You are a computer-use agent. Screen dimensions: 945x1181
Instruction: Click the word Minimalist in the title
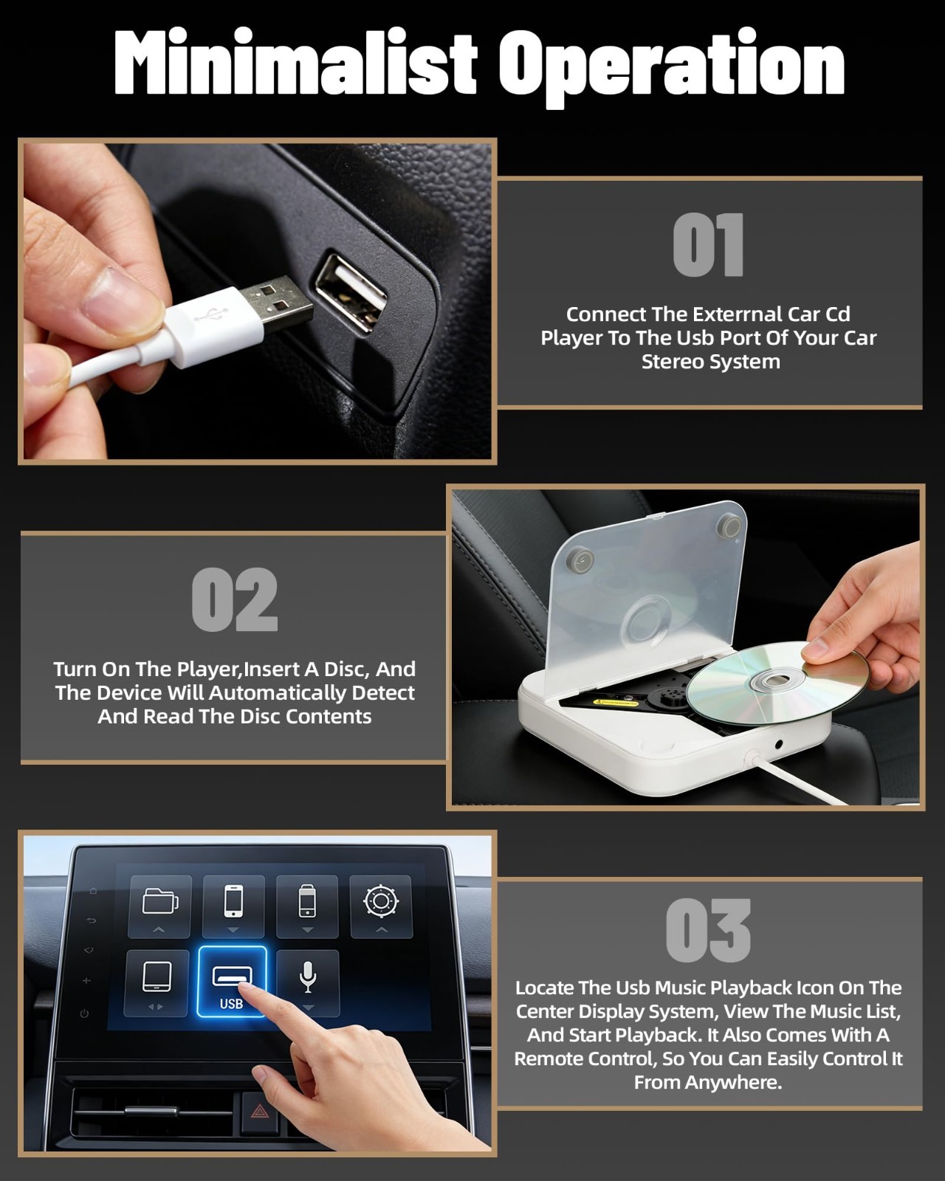[x=295, y=63]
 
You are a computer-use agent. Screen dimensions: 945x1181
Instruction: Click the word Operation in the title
[x=672, y=67]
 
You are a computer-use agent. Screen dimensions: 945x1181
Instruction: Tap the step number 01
[x=708, y=245]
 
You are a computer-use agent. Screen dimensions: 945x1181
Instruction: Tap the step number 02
[x=235, y=599]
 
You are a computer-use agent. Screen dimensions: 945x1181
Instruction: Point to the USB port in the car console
[x=351, y=291]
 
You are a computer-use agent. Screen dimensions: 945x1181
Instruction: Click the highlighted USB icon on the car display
[x=232, y=982]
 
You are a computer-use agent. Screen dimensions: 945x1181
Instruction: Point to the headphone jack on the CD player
[x=779, y=744]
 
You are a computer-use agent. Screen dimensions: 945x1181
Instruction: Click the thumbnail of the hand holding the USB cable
[x=257, y=300]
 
